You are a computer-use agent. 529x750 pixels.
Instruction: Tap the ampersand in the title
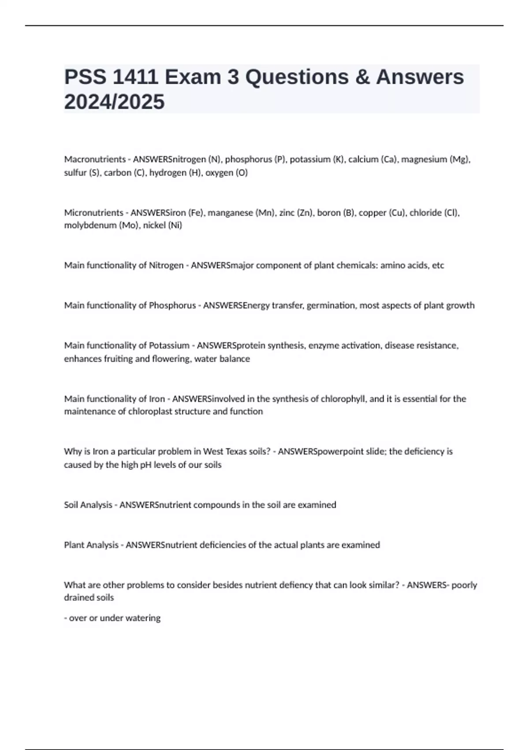361,77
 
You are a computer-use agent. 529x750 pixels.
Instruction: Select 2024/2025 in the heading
114,102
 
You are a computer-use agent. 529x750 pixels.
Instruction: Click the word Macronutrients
95,159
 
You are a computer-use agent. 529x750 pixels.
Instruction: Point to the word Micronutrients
93,213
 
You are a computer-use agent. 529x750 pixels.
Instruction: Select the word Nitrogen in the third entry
166,266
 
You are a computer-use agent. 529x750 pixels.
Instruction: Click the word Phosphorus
172,305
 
